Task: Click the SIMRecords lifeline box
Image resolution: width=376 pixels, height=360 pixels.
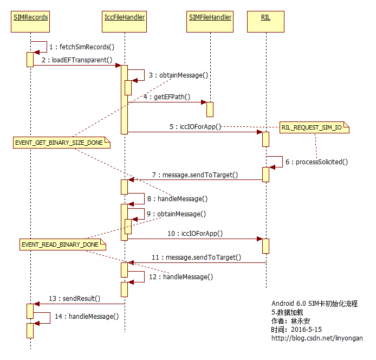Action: tap(30, 17)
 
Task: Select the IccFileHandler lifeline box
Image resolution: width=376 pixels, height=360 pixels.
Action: tap(124, 17)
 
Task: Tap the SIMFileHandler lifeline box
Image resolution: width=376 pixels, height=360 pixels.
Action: tap(210, 17)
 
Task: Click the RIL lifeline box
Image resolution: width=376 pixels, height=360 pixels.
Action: tap(265, 17)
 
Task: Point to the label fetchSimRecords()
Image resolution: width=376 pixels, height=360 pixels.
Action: tap(82, 47)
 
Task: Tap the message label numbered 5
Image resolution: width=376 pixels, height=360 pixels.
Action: tap(195, 127)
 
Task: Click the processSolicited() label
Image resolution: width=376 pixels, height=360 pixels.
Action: tap(316, 162)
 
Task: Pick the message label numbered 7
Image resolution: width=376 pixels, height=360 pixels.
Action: tap(195, 175)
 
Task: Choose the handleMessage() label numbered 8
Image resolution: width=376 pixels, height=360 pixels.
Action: tap(178, 199)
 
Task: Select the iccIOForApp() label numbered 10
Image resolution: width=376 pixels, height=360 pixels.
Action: tap(195, 233)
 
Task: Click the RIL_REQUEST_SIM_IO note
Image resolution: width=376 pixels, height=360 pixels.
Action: tap(314, 128)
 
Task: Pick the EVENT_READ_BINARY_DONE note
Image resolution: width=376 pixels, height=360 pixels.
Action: tap(60, 245)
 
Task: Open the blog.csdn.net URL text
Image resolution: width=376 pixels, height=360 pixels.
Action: tap(317, 338)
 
